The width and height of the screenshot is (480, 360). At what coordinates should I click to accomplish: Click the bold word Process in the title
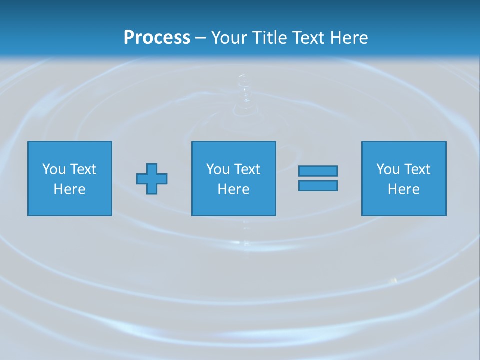point(157,38)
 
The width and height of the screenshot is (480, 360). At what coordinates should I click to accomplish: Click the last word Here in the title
point(350,38)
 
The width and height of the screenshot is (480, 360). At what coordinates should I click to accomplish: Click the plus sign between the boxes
point(152,179)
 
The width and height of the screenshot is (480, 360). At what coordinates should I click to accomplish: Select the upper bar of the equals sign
point(318,171)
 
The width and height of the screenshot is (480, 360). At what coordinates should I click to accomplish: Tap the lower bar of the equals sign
point(318,186)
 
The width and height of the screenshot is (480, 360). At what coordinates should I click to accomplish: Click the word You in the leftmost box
point(54,169)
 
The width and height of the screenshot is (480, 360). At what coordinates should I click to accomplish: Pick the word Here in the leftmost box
point(69,189)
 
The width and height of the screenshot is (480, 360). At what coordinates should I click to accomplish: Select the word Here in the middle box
point(233,189)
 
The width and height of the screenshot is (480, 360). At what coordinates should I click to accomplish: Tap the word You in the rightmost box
point(388,169)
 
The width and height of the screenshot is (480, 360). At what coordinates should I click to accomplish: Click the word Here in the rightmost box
point(403,189)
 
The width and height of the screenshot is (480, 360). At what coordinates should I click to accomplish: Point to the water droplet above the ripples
point(243,80)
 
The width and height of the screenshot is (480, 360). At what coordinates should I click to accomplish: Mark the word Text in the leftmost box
point(83,169)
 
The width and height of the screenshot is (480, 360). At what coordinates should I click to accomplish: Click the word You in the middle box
point(218,169)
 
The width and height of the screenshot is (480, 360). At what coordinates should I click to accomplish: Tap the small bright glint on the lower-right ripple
point(394,280)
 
